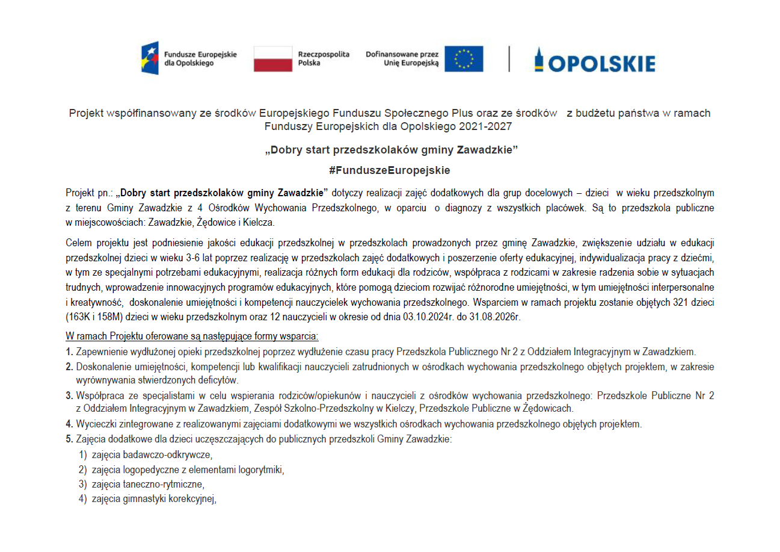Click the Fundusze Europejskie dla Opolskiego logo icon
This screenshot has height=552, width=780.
pos(150,58)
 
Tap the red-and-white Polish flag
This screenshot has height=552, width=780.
pos(272,58)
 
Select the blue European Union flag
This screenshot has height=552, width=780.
pos(464,58)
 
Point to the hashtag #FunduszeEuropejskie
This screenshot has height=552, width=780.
pos(390,170)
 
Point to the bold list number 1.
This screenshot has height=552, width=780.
pos(69,352)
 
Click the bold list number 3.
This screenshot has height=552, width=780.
pos(69,395)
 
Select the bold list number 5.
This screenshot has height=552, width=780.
pos(69,439)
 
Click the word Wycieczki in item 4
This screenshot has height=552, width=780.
pos(94,424)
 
